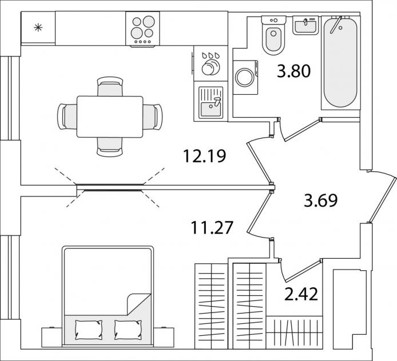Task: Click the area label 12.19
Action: (204, 156)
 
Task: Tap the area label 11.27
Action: (212, 227)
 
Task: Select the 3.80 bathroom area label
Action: (293, 71)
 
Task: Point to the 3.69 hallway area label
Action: (321, 200)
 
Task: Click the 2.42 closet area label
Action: (301, 294)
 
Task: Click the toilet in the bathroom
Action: (273, 35)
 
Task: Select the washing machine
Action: (245, 77)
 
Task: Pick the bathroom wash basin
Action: (305, 25)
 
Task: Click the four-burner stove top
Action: (143, 29)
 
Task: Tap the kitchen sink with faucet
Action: (211, 102)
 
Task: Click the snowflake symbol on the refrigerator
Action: (38, 27)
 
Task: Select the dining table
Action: (110, 117)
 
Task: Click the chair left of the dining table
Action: (67, 117)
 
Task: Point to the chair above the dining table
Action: (110, 86)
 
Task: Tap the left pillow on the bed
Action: (89, 330)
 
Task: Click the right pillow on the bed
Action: (128, 330)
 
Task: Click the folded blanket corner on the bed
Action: (139, 304)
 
